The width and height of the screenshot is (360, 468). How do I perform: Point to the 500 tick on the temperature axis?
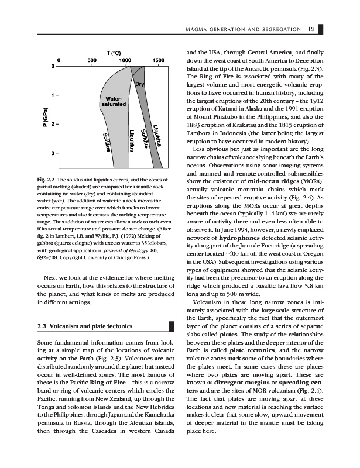coord(92,60)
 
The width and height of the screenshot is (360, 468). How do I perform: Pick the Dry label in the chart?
coord(140,85)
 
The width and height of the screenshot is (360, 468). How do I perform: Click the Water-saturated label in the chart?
coord(114,101)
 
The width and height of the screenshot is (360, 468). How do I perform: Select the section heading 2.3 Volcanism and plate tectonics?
coord(83,326)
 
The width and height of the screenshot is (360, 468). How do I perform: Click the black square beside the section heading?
coord(172,326)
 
